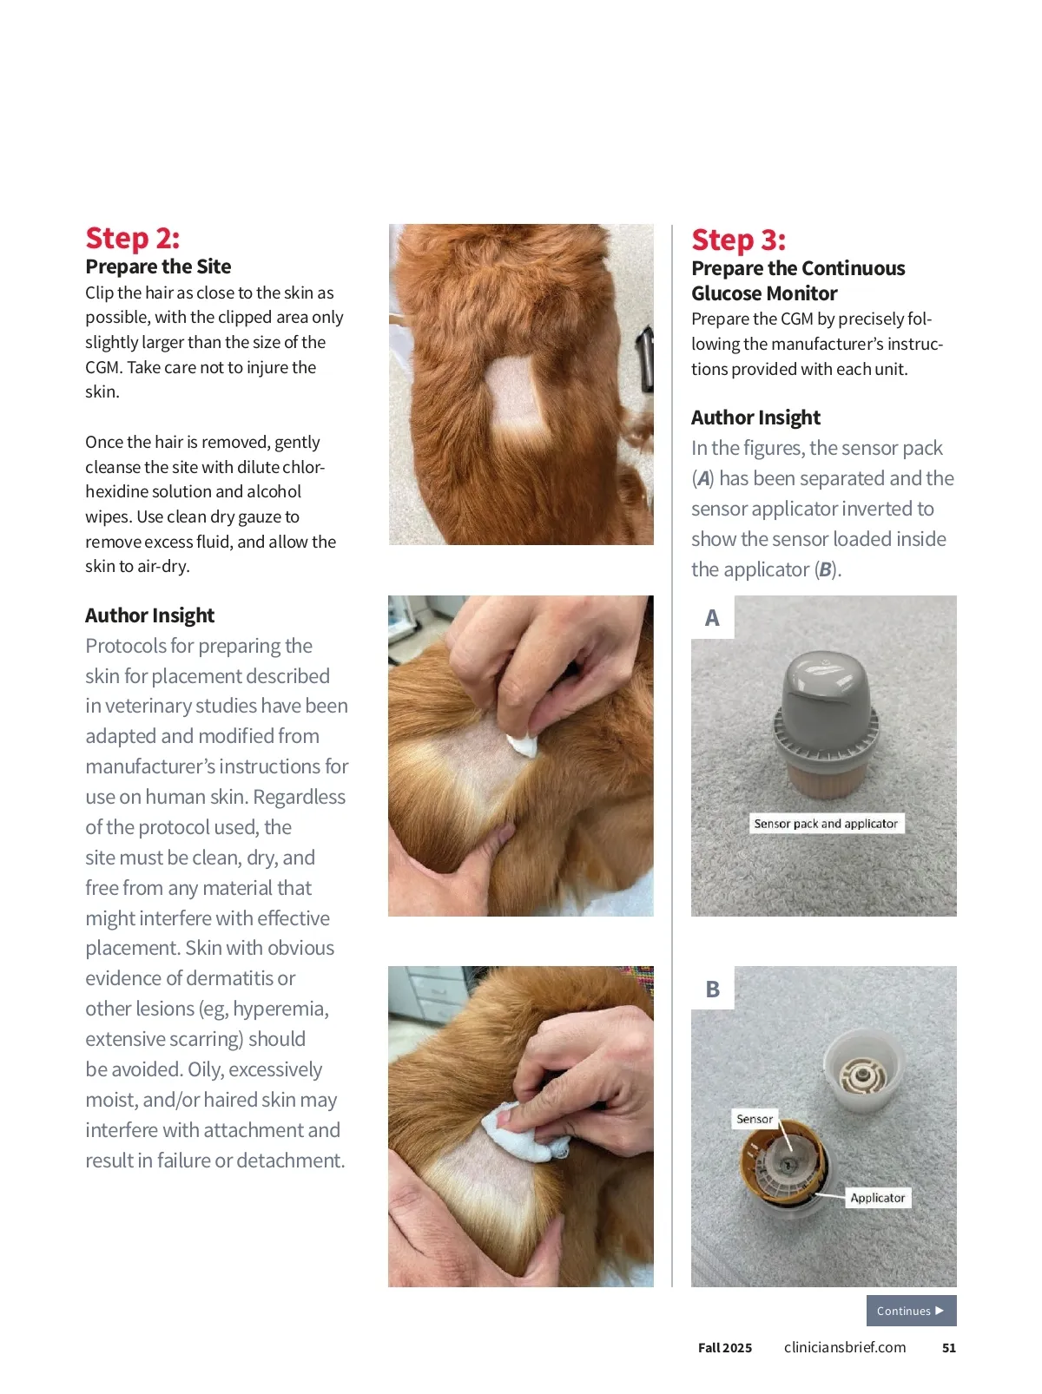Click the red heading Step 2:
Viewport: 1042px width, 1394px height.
(132, 238)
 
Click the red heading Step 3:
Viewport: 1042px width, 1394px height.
(738, 240)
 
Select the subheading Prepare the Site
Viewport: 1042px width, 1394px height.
(158, 266)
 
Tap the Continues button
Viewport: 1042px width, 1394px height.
(911, 1310)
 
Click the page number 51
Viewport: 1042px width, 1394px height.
(948, 1348)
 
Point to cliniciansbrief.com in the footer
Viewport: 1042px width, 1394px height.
(844, 1347)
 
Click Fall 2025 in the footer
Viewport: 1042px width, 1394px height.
(725, 1348)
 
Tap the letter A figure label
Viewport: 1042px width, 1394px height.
(712, 617)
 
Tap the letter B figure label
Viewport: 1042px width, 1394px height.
(712, 989)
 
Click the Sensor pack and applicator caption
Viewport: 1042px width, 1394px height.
(825, 823)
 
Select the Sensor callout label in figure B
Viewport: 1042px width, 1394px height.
(755, 1118)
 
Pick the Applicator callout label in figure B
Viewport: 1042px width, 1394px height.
(877, 1197)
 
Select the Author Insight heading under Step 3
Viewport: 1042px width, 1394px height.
(755, 418)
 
